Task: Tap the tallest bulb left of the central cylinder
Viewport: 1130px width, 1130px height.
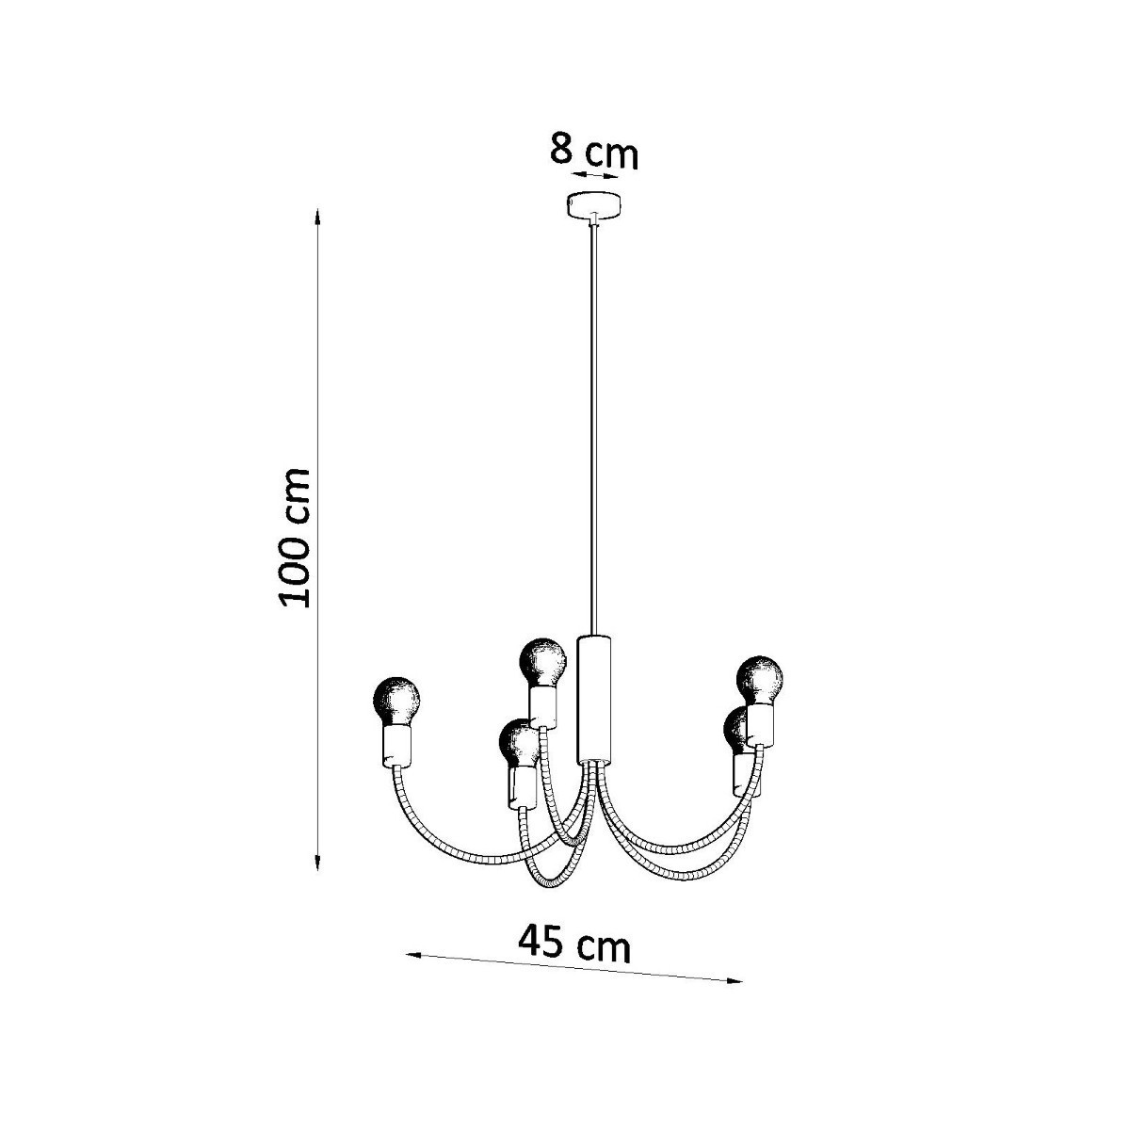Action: [x=544, y=662]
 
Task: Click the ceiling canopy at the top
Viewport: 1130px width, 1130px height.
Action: [x=595, y=204]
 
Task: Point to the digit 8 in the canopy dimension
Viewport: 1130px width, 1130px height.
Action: [x=562, y=150]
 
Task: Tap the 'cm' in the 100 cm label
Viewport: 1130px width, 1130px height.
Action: [x=296, y=491]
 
